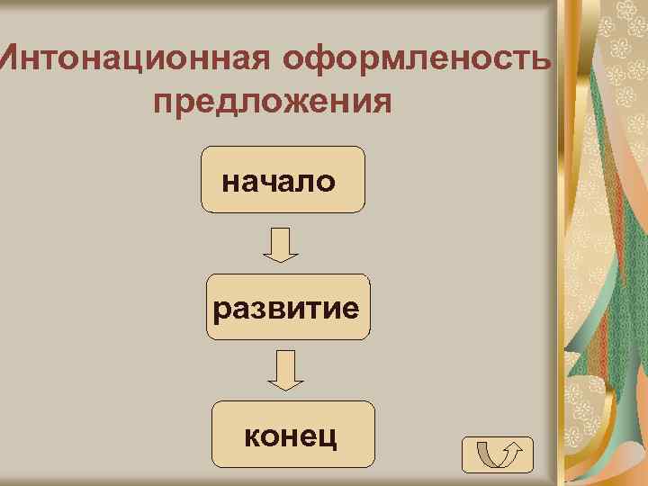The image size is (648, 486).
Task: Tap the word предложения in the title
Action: point(273,101)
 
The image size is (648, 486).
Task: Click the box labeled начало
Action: point(282,179)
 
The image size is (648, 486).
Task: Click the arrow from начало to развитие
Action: point(282,244)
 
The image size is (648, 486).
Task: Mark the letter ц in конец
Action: point(328,439)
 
